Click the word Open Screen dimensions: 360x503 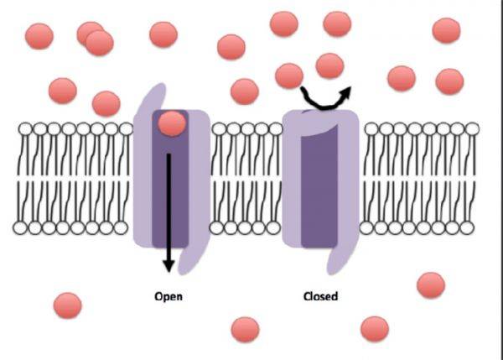pos(169,296)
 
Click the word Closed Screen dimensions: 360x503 pos(320,296)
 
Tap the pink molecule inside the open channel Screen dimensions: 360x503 pos(172,123)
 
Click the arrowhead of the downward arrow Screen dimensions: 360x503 pos(169,266)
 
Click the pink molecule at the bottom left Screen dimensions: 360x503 pos(67,305)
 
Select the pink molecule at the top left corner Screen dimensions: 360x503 pos(39,36)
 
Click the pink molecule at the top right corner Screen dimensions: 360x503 pos(446,30)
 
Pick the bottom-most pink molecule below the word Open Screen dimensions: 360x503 pos(245,329)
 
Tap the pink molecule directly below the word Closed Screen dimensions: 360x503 pos(374,328)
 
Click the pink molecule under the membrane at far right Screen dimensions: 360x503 pos(431,284)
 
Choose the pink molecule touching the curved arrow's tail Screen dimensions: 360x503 pos(289,76)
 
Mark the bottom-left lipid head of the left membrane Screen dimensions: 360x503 pos(21,227)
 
